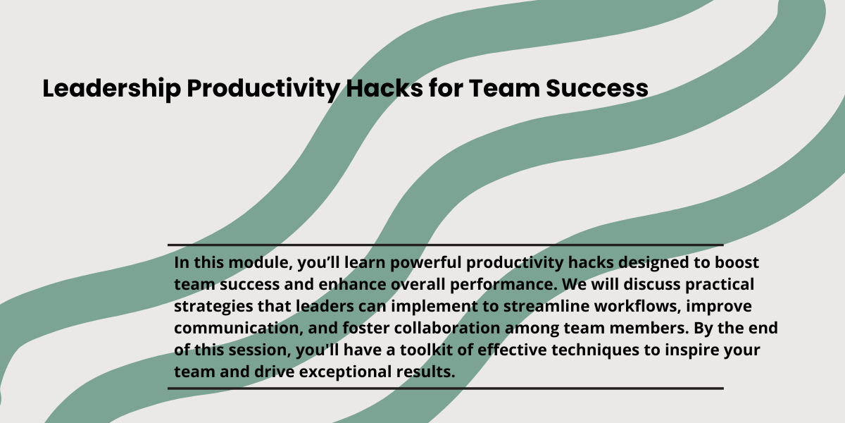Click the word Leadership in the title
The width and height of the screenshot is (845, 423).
coord(112,89)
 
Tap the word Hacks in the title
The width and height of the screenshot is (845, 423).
coord(384,88)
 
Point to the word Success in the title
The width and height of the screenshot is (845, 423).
coord(597,88)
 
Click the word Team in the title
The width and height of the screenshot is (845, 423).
coord(504,88)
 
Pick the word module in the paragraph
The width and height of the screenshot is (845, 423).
coord(261,263)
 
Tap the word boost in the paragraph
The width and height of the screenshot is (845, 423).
coord(737,262)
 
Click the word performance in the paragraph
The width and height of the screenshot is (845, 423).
coord(503,285)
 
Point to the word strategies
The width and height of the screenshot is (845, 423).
coord(213,307)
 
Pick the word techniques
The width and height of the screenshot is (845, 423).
coord(595,350)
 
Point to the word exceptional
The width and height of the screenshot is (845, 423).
coord(345,372)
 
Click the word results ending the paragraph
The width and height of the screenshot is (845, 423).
coord(425,372)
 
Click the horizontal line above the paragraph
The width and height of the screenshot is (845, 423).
coord(446,245)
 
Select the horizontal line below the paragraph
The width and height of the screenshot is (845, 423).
coord(446,388)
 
